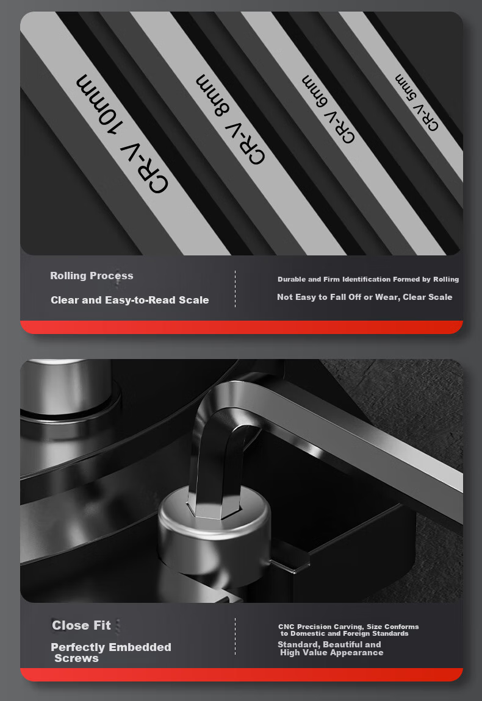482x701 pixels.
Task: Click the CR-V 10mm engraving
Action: (122, 134)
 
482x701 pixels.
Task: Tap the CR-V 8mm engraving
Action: (230, 119)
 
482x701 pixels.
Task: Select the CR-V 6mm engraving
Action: (328, 109)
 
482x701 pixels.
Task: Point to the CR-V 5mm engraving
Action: (417, 102)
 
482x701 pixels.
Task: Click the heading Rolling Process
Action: (92, 276)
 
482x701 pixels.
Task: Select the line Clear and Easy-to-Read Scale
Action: (130, 300)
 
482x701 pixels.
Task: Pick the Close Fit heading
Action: (81, 625)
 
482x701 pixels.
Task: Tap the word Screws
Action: (76, 658)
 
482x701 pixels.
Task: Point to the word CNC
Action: (286, 627)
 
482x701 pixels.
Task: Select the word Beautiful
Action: (343, 644)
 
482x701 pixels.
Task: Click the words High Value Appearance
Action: (332, 653)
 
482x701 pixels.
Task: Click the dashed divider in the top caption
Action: (235, 288)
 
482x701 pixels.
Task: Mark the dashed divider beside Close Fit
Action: (235, 636)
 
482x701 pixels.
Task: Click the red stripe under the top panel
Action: (242, 327)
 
